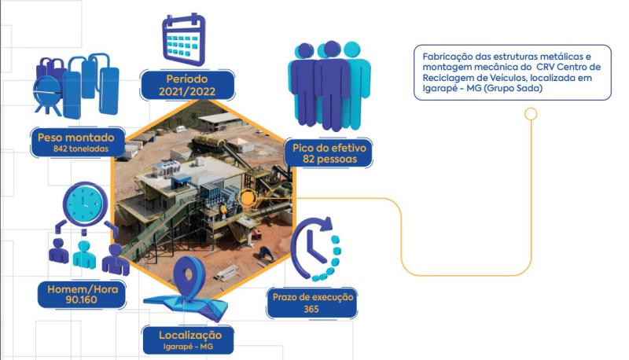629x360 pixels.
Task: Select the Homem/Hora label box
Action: [77, 294]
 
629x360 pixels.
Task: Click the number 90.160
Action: [76, 300]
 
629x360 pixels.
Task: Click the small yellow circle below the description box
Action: [531, 113]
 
